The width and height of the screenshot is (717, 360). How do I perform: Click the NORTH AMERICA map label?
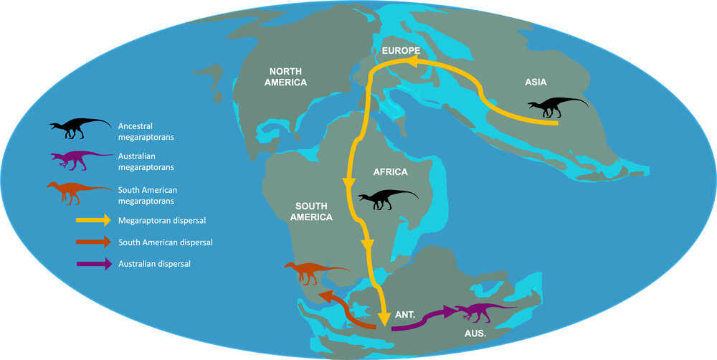[288, 77]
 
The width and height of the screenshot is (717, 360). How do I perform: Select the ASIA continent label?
[536, 82]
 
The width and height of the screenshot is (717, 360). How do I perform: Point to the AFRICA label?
[391, 172]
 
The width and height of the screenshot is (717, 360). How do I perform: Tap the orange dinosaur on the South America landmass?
[313, 272]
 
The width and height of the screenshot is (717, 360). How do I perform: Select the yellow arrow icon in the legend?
[93, 220]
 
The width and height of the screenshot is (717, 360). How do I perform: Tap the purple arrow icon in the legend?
[93, 264]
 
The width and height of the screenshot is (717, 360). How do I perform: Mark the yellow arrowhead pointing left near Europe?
[414, 63]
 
